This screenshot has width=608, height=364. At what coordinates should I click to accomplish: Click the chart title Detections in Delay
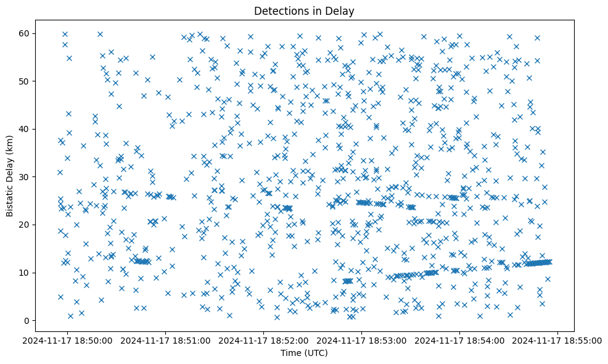coord(304,11)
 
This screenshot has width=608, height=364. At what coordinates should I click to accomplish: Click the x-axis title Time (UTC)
coord(304,354)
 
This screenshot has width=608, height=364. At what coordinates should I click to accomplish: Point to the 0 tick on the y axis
coord(28,320)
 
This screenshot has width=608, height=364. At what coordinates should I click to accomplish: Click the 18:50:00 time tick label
coord(68,340)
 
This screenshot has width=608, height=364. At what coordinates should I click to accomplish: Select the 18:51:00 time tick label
coord(166,340)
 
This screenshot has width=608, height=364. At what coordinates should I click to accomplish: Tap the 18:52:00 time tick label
coord(265,340)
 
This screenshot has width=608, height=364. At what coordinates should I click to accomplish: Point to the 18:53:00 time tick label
coord(363,340)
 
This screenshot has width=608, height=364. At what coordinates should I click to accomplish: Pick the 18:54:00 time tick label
coord(461,340)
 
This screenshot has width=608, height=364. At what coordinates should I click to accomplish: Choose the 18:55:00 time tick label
coord(559,340)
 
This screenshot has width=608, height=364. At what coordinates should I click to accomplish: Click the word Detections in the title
coord(281,11)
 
